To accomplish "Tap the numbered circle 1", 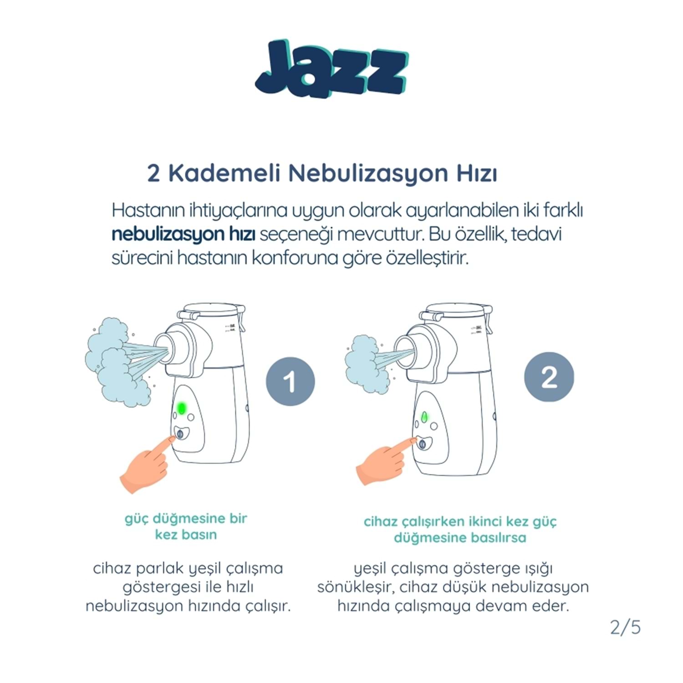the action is (x=291, y=382).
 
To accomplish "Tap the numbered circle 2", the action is (x=549, y=377).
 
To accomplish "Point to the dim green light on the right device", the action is (x=424, y=416).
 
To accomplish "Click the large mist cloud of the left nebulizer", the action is (x=116, y=362).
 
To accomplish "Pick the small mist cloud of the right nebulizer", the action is (x=367, y=364).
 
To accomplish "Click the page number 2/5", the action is (x=625, y=627).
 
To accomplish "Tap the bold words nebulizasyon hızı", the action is (x=183, y=235).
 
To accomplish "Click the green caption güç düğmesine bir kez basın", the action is (x=186, y=526).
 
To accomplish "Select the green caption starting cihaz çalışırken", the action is (x=460, y=529).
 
